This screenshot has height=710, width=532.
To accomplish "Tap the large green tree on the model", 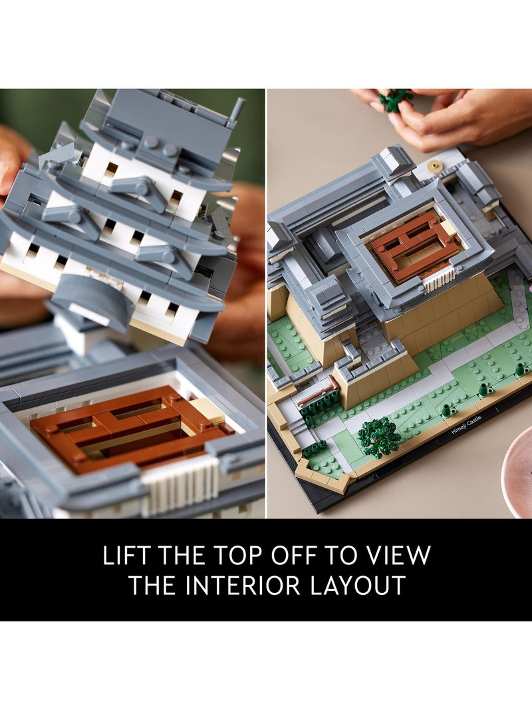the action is [x=379, y=437].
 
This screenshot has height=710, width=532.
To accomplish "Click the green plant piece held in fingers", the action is [x=395, y=99].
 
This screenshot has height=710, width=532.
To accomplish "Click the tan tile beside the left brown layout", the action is [x=208, y=411].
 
